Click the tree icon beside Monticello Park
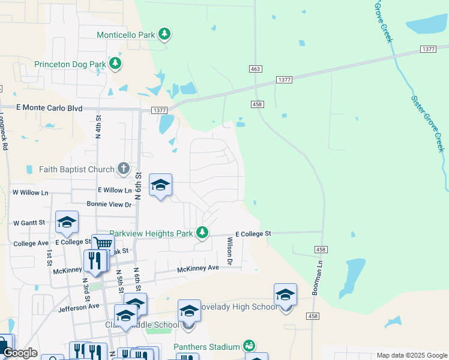(164, 35)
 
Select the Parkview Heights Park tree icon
(203, 232)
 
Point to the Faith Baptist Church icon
(124, 169)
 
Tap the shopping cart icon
(103, 244)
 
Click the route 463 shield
(255, 70)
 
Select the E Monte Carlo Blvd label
(49, 107)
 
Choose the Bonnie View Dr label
(109, 205)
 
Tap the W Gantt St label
(29, 223)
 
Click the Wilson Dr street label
(229, 251)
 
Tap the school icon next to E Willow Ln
(160, 185)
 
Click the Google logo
(19, 353)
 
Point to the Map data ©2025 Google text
(411, 355)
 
